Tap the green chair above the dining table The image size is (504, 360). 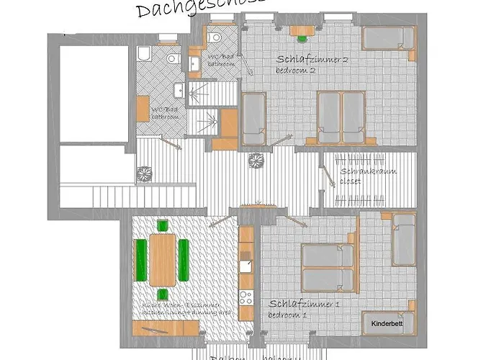pos(162,225)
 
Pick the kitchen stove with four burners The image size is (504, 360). pos(246,295)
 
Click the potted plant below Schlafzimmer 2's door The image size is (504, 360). pos(253,161)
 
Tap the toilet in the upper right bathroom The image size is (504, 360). pos(215,34)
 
